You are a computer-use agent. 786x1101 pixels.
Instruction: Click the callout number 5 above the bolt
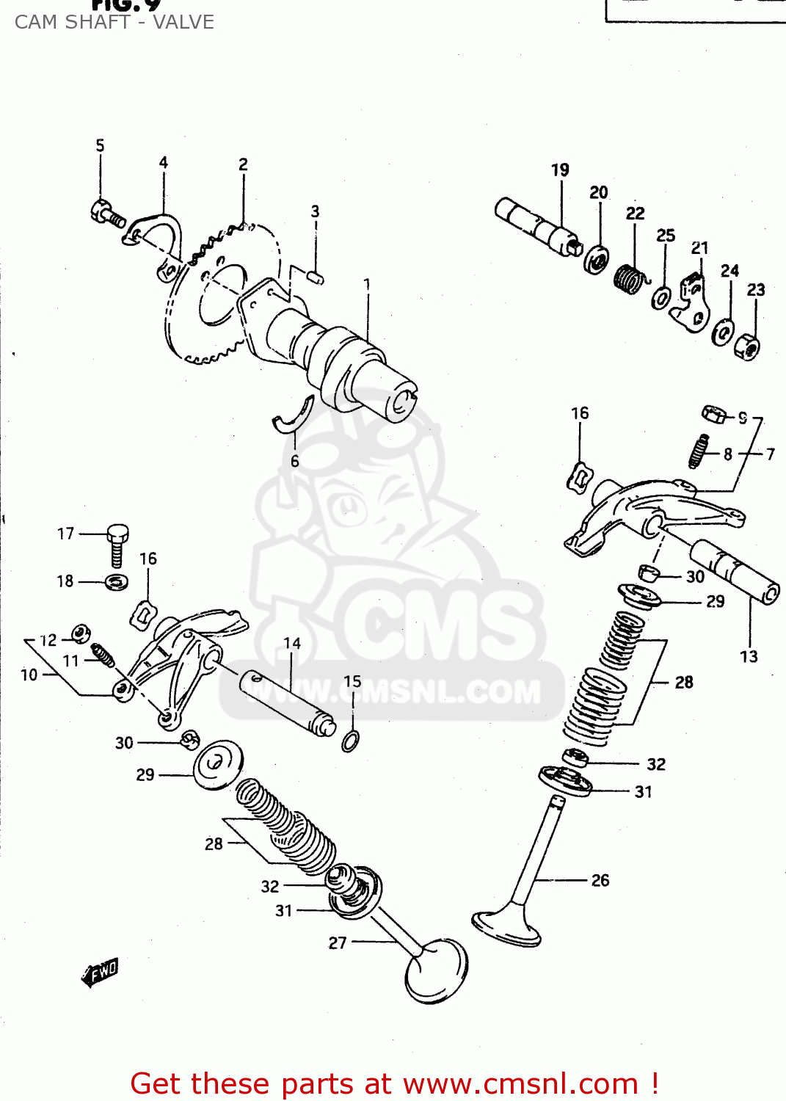pos(100,145)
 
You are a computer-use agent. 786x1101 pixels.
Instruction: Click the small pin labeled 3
pos(315,277)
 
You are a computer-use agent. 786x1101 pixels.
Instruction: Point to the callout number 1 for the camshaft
pos(367,284)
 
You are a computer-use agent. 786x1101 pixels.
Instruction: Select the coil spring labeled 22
pos(630,280)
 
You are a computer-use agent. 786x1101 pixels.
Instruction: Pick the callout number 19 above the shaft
pos(560,170)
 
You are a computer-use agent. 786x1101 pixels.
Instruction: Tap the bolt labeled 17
pos(117,544)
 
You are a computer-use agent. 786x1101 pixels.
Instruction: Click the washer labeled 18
pos(117,583)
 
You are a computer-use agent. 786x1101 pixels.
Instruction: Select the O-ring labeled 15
pos(351,741)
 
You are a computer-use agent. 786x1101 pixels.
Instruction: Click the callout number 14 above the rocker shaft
pos(292,644)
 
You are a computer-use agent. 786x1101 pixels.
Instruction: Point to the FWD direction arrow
pos(101,973)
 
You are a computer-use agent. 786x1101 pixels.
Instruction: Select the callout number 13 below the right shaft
pos(749,656)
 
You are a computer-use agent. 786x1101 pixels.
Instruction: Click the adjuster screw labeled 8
pos(699,451)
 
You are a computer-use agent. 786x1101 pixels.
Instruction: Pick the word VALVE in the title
pos(183,22)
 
